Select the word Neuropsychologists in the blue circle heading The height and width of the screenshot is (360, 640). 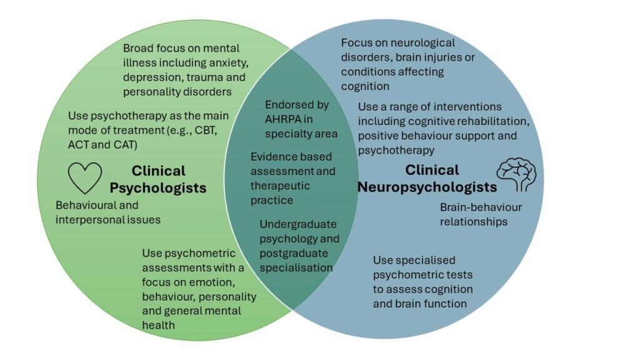[427, 186]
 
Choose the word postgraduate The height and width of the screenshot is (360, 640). [295, 253]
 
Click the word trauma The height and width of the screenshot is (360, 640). [200, 77]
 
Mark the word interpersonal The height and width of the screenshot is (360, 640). [91, 219]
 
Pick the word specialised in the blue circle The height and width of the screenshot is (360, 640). [425, 260]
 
